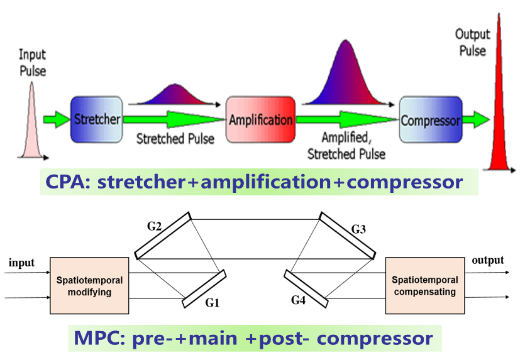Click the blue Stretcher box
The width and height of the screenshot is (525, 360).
(96, 119)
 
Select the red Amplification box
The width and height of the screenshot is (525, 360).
(260, 119)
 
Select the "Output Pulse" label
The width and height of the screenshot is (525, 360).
(472, 42)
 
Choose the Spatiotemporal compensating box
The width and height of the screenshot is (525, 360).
(425, 286)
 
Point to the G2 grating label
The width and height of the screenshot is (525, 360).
(153, 225)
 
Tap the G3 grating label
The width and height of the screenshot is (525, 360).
(358, 229)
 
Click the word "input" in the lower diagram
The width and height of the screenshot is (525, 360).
(21, 263)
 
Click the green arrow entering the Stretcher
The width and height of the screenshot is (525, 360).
(55, 118)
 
